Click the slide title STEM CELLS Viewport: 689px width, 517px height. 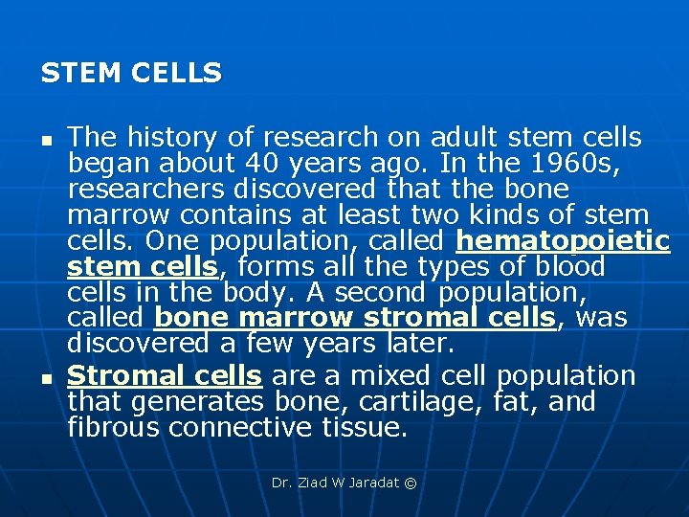pos(131,73)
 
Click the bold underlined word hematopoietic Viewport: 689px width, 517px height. pos(564,241)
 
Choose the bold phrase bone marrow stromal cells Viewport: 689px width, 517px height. pos(354,318)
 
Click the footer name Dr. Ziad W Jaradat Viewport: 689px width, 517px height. pos(335,483)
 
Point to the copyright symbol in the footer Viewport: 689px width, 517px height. pos(411,483)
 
